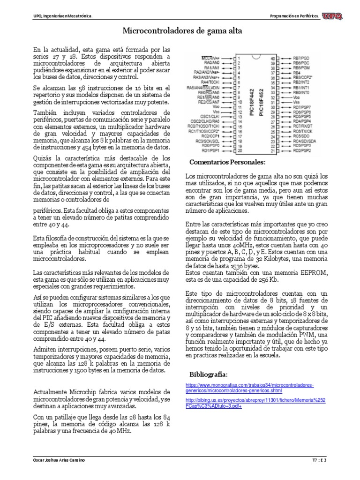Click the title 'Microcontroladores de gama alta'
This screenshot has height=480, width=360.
point(182,31)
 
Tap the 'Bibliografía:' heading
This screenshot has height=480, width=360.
point(209,375)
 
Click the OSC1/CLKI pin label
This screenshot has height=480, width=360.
point(211,116)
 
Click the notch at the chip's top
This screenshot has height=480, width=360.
point(255,56)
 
